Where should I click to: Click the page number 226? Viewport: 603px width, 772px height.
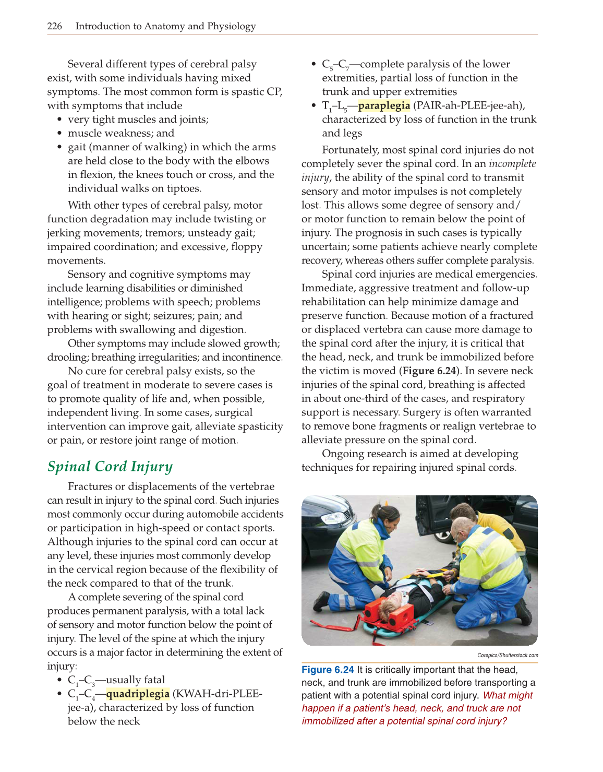(x=54, y=26)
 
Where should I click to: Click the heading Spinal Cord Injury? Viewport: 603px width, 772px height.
(x=110, y=466)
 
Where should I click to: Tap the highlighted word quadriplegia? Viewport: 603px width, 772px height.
(x=138, y=694)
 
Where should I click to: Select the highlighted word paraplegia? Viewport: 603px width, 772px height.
(x=384, y=105)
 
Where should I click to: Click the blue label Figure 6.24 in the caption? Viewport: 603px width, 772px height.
(x=328, y=670)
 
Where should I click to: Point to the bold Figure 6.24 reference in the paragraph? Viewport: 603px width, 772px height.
(x=429, y=371)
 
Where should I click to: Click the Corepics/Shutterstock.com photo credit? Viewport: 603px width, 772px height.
(x=507, y=655)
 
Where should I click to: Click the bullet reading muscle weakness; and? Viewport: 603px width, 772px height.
(x=121, y=133)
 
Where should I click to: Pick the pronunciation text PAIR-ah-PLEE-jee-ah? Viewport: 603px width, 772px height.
(x=469, y=105)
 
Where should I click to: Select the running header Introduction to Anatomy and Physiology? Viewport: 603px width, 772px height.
(x=165, y=26)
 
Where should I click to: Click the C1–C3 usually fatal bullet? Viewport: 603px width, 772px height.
(x=116, y=680)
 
